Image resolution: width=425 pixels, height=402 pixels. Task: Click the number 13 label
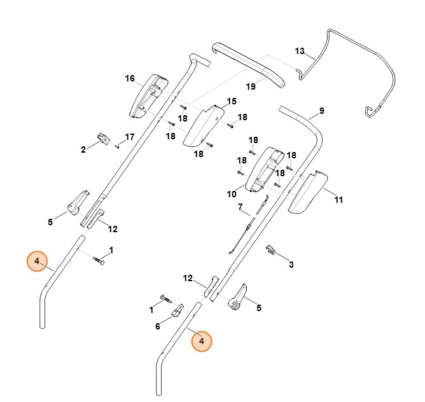[300, 51]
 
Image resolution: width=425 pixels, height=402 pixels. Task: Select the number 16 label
[130, 79]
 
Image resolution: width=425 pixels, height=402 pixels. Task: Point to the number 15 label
[231, 102]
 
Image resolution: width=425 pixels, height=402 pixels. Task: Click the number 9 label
[321, 111]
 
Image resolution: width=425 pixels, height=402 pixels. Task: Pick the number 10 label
[232, 193]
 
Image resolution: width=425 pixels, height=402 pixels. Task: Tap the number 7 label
[240, 207]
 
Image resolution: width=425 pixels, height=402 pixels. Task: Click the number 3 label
[291, 264]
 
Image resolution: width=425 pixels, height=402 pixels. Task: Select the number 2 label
[83, 150]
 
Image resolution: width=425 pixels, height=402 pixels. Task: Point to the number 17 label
[130, 137]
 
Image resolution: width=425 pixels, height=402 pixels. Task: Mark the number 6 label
[157, 327]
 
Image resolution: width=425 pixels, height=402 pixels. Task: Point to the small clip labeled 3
[270, 249]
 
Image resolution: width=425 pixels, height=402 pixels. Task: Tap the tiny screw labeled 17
[118, 146]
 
